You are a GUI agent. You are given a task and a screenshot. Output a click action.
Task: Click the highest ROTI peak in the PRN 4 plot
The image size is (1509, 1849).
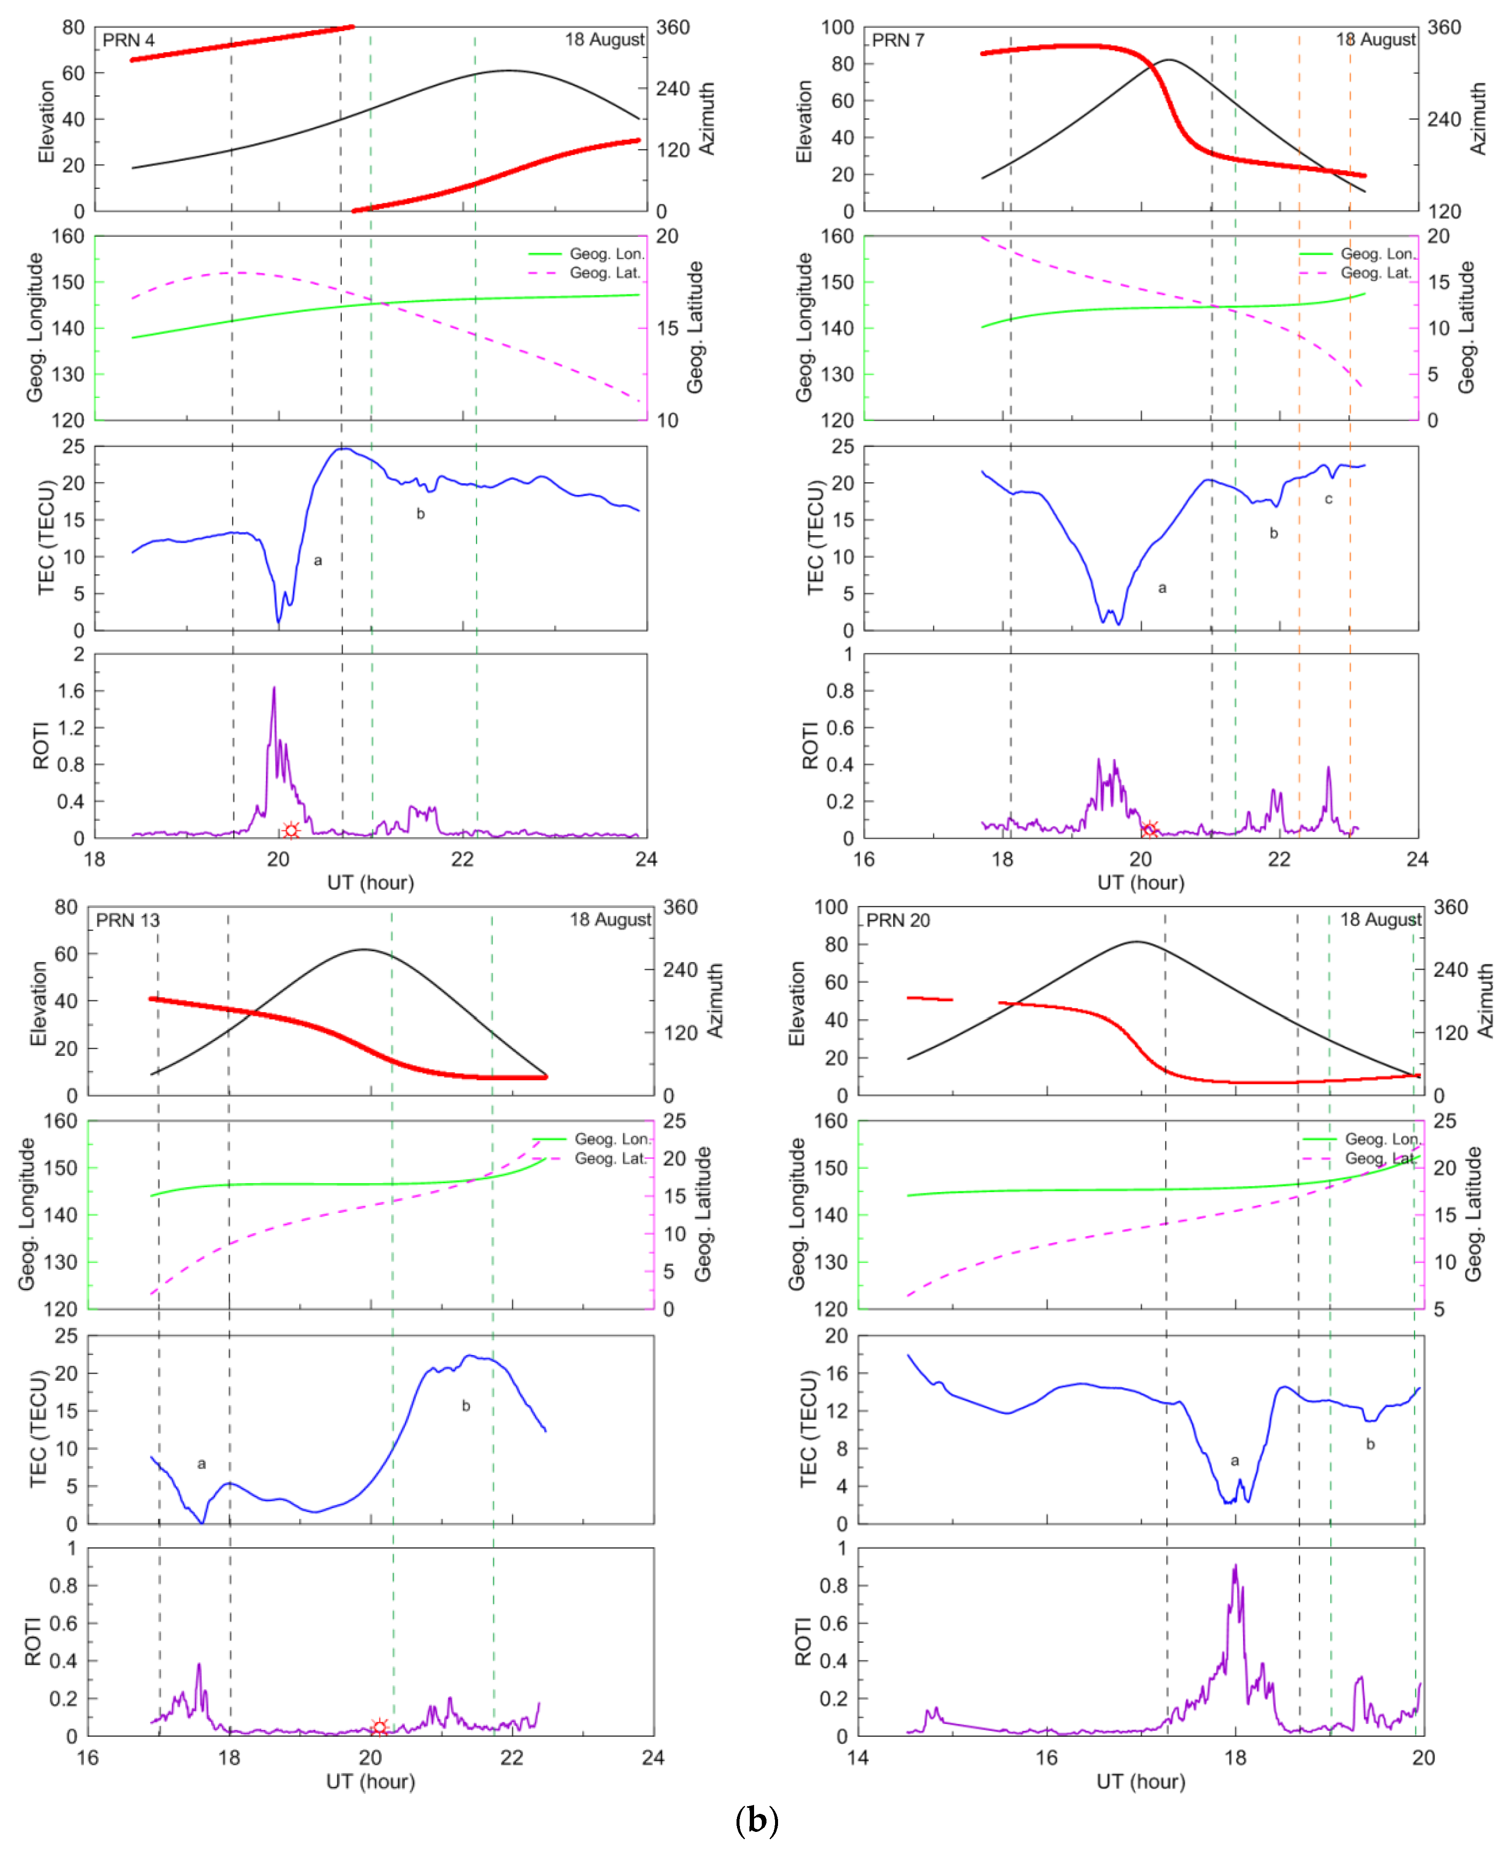pyautogui.click(x=274, y=689)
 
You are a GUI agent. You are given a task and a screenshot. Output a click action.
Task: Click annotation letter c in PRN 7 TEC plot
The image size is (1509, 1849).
pyautogui.click(x=1328, y=499)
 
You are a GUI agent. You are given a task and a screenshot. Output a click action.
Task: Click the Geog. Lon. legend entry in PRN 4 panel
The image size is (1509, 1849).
pyautogui.click(x=606, y=254)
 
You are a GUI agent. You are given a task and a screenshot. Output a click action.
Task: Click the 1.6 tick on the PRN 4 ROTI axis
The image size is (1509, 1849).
pyautogui.click(x=71, y=691)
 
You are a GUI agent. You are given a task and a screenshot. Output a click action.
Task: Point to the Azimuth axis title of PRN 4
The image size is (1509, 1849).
pyautogui.click(x=707, y=119)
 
